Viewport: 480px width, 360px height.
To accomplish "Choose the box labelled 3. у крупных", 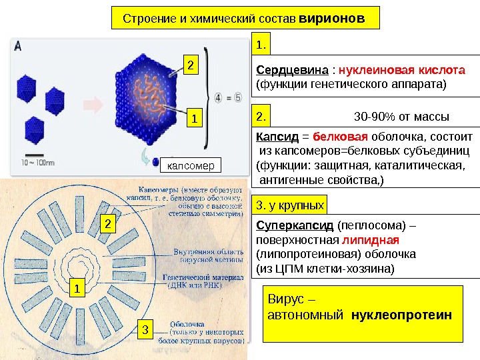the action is [291, 204].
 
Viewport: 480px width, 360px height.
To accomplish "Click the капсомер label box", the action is [187, 164].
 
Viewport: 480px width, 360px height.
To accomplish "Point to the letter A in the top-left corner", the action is [17, 46].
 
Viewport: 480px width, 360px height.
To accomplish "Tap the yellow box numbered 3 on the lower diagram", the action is [145, 328].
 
